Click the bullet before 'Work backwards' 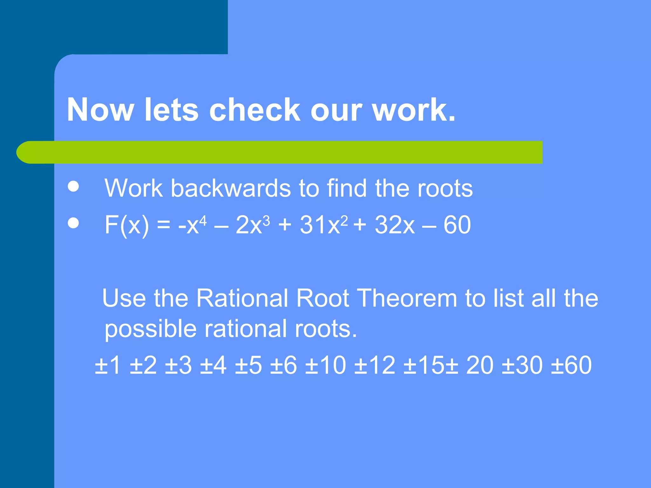coord(73,186)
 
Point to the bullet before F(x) coord(73,223)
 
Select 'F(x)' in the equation coord(127,225)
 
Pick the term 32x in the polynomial coord(394,225)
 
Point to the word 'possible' coord(150,329)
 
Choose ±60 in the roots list coord(571,365)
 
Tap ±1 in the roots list coord(108,365)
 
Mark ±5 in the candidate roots coord(248,365)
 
